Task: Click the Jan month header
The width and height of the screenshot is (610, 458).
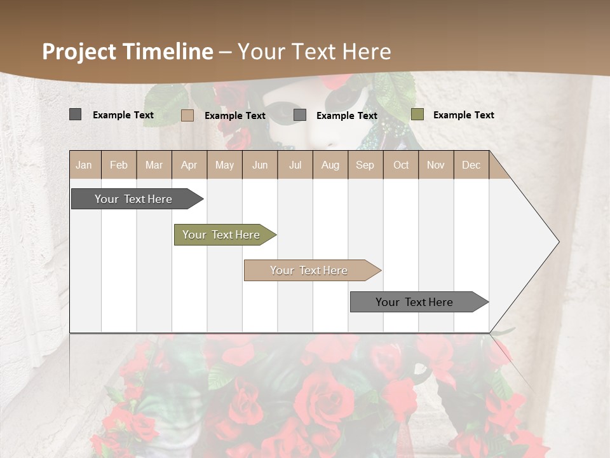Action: (x=85, y=165)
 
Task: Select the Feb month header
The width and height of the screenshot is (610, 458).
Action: (x=119, y=165)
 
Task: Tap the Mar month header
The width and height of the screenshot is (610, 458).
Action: (x=154, y=165)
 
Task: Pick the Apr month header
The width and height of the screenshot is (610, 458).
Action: (x=189, y=165)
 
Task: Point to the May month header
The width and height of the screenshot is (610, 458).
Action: (x=224, y=165)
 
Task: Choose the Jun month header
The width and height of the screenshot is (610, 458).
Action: (x=260, y=165)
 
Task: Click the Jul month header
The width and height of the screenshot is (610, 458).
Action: (x=295, y=165)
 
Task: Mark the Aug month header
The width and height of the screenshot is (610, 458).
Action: (x=330, y=165)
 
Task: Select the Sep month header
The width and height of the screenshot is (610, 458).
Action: (x=365, y=165)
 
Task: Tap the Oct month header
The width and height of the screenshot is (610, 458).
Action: (x=401, y=165)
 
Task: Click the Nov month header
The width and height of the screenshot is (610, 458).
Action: (x=436, y=165)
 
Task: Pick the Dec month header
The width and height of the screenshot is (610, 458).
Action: (x=471, y=165)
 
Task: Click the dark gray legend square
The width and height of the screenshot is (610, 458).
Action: (x=76, y=114)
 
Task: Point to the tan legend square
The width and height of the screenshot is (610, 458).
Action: (x=187, y=115)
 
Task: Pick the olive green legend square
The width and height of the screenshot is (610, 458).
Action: (x=417, y=114)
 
